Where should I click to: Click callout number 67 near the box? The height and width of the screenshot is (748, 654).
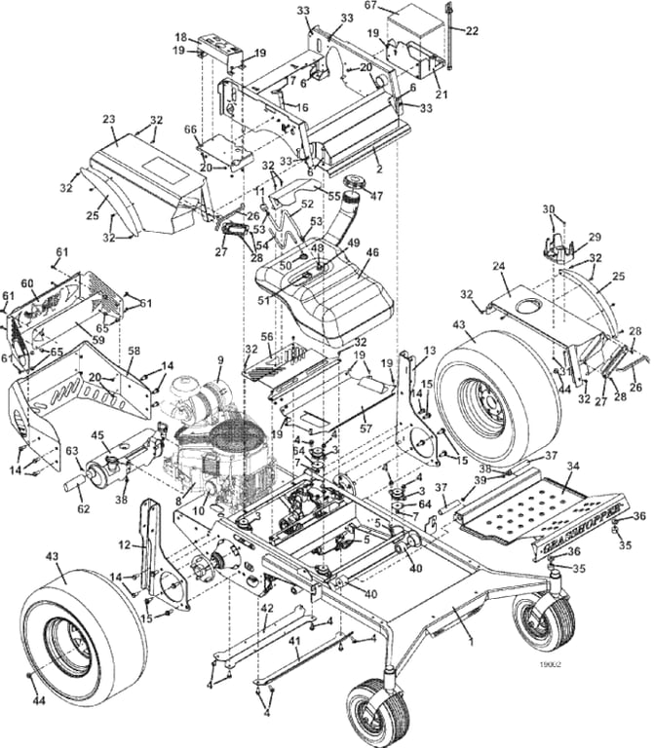click(370, 7)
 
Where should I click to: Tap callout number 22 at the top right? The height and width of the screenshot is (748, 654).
click(472, 30)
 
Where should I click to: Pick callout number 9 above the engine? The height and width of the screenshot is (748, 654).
click(220, 360)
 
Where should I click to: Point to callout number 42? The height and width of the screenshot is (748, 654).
click(266, 608)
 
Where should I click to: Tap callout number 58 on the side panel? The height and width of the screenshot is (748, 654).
click(134, 349)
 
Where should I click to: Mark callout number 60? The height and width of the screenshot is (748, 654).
click(28, 282)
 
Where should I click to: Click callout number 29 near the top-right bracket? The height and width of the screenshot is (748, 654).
click(596, 237)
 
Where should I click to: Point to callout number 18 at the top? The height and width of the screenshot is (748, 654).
click(181, 37)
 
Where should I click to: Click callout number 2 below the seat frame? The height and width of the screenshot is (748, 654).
click(378, 168)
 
